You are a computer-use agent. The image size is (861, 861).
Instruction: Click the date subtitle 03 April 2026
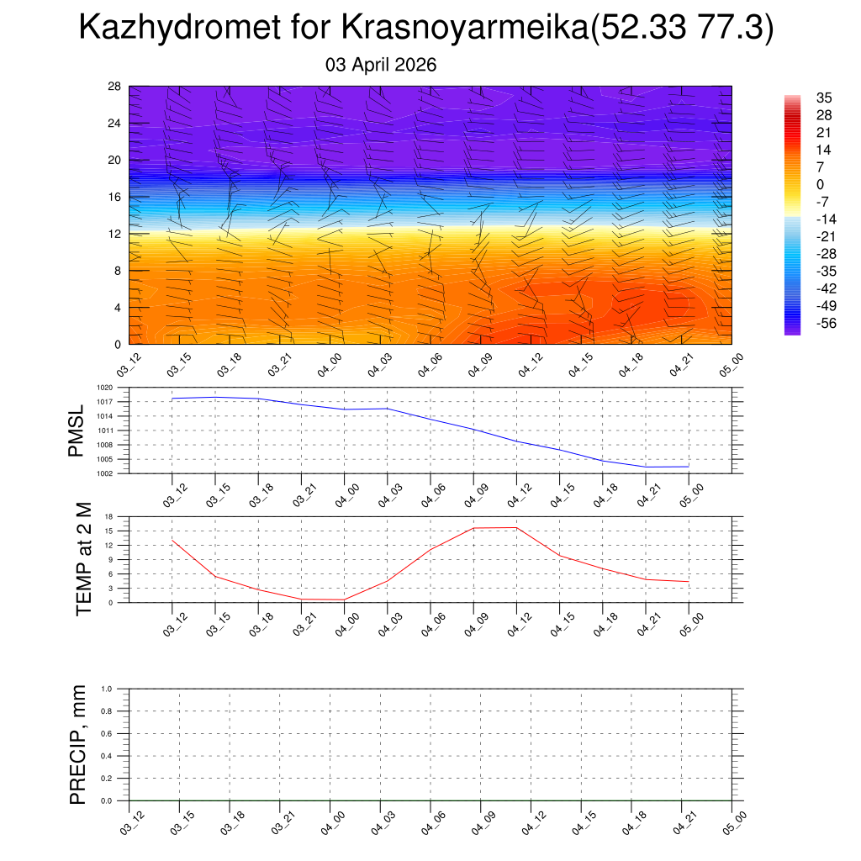[381, 65]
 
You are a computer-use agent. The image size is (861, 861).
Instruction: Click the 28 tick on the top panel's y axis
[115, 86]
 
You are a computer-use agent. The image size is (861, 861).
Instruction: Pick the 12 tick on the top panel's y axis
[115, 234]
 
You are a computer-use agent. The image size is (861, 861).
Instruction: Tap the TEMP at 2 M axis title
[83, 559]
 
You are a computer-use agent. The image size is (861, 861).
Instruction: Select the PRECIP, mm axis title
[77, 744]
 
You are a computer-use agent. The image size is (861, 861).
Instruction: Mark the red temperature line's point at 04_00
[345, 600]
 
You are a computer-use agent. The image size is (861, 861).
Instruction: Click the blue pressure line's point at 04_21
[646, 467]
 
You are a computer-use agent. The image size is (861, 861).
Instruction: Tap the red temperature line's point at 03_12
[172, 540]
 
